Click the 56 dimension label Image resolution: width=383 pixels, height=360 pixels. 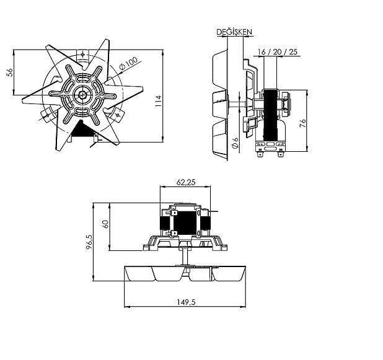pyautogui.click(x=10, y=72)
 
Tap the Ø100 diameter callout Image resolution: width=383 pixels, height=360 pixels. pyautogui.click(x=128, y=63)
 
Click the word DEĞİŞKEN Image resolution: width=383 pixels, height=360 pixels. pyautogui.click(x=234, y=32)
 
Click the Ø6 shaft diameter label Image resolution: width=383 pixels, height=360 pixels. pyautogui.click(x=236, y=143)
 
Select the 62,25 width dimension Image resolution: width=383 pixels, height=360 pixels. pyautogui.click(x=187, y=183)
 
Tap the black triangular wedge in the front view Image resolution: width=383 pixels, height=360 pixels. pyautogui.click(x=79, y=128)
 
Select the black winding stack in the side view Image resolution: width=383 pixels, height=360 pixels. pyautogui.click(x=270, y=115)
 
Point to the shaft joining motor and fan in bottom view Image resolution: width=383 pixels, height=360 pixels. pyautogui.click(x=185, y=254)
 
